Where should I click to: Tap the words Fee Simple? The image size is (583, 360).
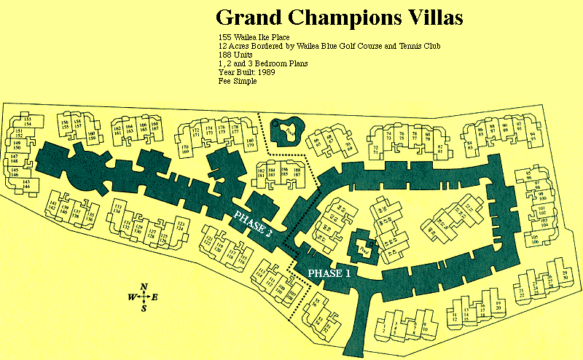[238, 82]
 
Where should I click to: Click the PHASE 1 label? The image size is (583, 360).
[328, 273]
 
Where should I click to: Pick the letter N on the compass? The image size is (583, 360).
[144, 286]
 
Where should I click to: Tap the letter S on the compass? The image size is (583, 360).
[144, 308]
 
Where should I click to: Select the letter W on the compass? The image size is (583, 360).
[131, 297]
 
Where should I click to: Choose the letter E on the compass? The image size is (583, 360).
[156, 297]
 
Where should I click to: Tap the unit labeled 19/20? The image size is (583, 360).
[498, 305]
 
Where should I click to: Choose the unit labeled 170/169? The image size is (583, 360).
[185, 150]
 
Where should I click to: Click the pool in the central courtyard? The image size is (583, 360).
[362, 249]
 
